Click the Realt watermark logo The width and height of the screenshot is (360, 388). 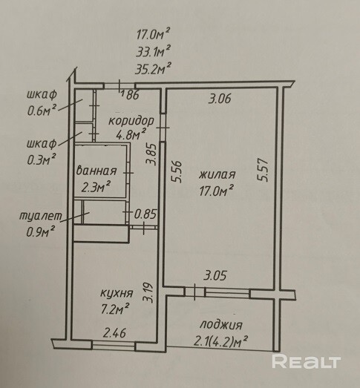307,362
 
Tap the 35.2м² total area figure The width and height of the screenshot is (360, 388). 153,69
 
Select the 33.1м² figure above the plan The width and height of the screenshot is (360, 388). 153,51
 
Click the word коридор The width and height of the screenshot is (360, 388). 131,121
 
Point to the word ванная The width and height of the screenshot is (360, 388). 96,171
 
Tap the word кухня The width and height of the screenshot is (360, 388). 117,293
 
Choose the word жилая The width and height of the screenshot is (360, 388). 217,174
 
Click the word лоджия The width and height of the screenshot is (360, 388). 221,325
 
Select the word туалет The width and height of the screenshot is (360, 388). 41,216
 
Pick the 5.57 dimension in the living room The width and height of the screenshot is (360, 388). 263,171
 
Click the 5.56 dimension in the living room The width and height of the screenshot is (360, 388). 177,171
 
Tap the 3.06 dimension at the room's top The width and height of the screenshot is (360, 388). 220,99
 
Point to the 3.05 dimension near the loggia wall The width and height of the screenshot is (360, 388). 215,275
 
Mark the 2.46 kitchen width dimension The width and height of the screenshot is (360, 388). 114,333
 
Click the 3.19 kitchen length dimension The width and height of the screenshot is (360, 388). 148,293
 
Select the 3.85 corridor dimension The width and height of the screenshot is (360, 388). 151,154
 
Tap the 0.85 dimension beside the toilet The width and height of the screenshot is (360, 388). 145,214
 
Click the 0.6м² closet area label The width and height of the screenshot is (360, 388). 42,111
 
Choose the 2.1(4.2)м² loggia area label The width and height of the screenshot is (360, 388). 220,341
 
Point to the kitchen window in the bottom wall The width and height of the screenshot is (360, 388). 114,346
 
